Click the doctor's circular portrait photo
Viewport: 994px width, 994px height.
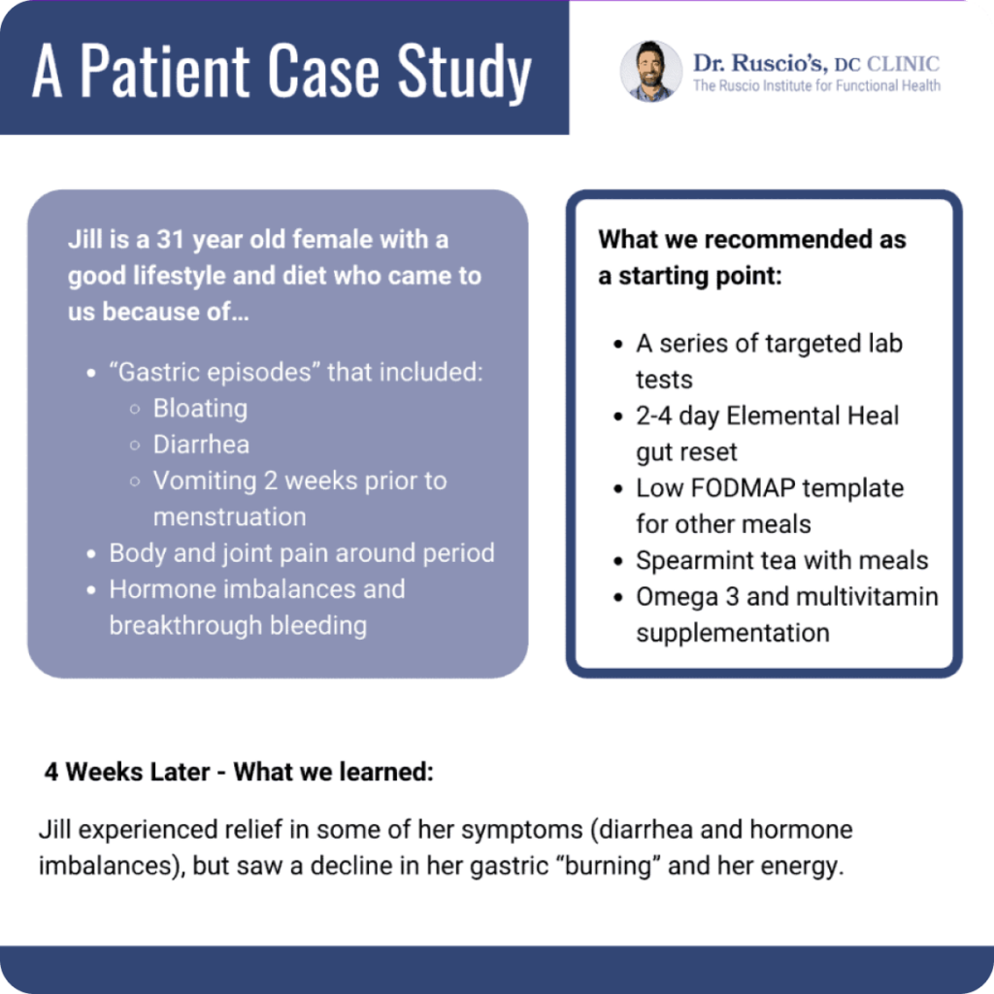651,71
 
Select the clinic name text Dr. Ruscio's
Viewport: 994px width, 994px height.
760,63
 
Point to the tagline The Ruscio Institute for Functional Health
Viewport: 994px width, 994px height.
816,85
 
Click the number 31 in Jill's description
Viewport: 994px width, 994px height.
170,240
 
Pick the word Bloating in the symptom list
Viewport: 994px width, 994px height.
200,409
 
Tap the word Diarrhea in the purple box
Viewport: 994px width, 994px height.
201,445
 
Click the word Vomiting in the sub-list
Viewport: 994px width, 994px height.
205,481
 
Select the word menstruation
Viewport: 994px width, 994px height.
229,517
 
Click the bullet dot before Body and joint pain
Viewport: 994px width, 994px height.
91,554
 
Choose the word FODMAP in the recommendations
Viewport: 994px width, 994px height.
743,488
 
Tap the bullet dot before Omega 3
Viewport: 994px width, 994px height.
618,598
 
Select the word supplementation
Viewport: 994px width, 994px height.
733,633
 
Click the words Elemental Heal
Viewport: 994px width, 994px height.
812,415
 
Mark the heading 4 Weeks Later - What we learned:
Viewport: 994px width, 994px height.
239,772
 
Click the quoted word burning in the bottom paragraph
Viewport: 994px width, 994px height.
608,866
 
